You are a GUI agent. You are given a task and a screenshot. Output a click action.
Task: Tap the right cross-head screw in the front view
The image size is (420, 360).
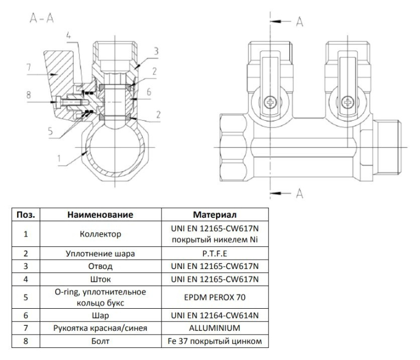pos(347,102)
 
